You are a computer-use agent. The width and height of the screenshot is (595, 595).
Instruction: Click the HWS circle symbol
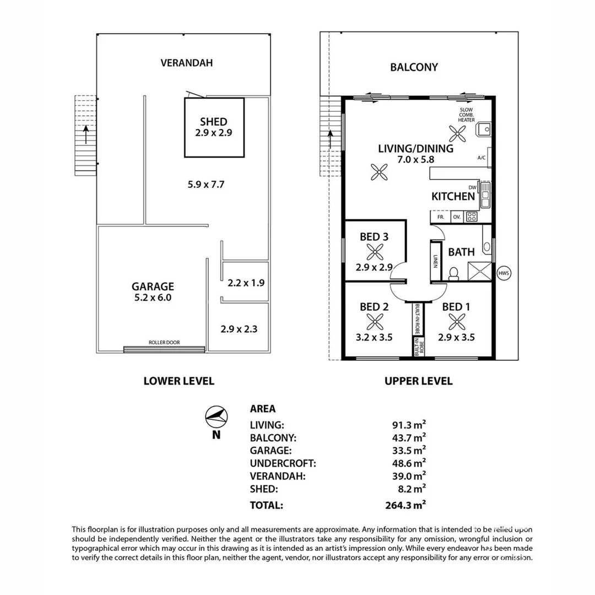[504, 273]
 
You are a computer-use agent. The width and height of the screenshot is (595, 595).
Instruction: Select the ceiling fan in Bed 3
[375, 252]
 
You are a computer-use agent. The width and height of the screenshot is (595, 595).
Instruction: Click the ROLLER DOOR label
[164, 343]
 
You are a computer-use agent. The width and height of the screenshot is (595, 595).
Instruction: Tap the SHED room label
[214, 122]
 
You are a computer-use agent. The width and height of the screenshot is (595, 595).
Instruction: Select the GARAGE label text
[153, 286]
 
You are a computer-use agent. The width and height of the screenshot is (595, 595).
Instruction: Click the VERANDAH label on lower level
[186, 63]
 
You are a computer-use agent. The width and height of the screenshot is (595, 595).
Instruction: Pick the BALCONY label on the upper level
[414, 67]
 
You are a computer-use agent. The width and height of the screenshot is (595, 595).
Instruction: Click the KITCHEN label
[453, 196]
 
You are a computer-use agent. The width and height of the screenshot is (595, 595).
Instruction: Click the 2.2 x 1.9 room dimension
[246, 283]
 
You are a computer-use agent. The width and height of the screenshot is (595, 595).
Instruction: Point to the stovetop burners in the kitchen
[471, 217]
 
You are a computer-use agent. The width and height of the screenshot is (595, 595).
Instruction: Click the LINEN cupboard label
[435, 262]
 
